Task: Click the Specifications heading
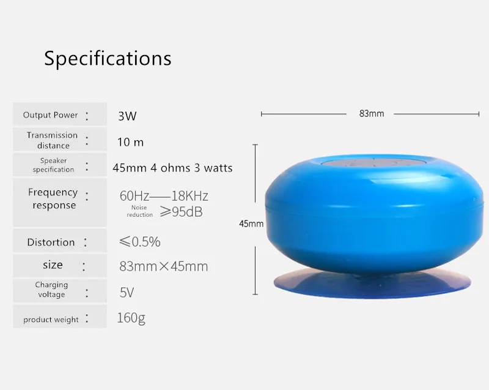108,58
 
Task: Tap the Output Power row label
50,115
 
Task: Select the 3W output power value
127,116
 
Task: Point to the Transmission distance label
52,140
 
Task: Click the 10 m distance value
130,143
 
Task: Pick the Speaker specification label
53,165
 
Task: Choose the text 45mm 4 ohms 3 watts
172,168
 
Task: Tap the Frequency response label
53,198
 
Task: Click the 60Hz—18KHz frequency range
164,196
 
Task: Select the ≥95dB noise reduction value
181,212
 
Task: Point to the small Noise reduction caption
139,211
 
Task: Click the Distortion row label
51,242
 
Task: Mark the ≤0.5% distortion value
140,242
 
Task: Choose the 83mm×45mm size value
163,266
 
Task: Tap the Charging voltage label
51,290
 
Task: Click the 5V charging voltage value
127,293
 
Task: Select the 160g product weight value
131,318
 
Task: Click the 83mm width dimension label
372,114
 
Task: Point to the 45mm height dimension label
251,223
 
